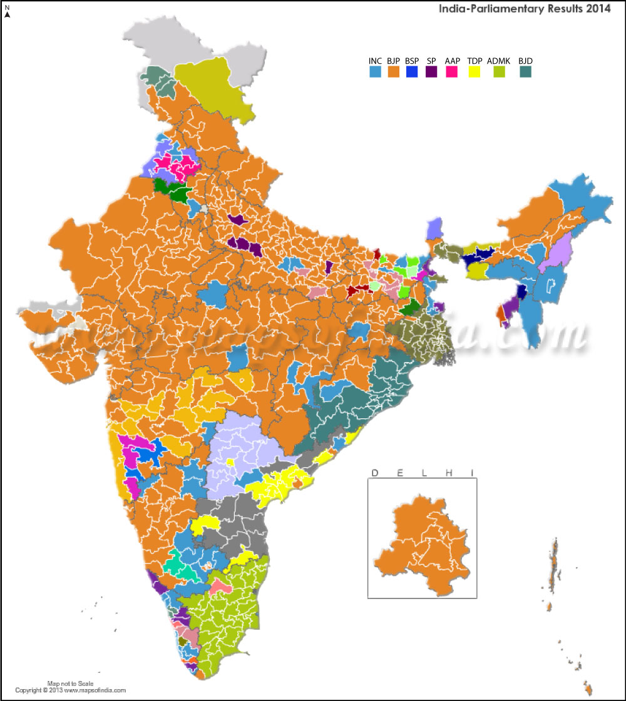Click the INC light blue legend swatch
click(376, 72)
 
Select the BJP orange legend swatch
click(394, 72)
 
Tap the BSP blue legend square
click(412, 72)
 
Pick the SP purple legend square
click(431, 72)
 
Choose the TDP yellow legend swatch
click(475, 72)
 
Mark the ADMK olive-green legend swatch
click(500, 72)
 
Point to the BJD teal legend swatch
click(525, 72)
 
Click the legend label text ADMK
click(499, 61)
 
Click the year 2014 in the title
click(598, 9)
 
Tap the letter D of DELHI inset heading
click(375, 472)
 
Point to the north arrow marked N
click(7, 11)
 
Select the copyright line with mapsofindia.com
click(71, 690)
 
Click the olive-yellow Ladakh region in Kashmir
click(216, 88)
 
